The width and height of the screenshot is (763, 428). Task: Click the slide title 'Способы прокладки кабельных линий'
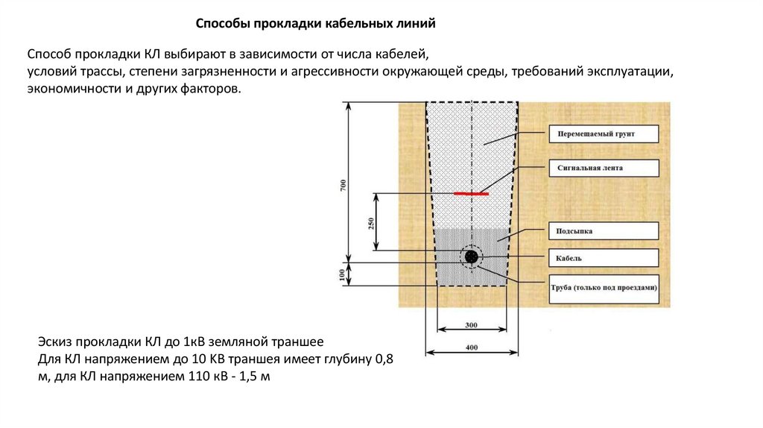pyautogui.click(x=315, y=24)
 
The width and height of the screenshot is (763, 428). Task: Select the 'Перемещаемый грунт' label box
pyautogui.click(x=604, y=134)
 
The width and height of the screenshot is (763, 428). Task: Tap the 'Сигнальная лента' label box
pyautogui.click(x=604, y=169)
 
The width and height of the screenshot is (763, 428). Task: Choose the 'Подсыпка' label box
pyautogui.click(x=604, y=232)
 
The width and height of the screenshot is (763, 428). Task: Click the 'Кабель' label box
pyautogui.click(x=604, y=258)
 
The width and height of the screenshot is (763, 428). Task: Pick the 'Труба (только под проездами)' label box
pyautogui.click(x=604, y=288)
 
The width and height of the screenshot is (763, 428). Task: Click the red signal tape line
pyautogui.click(x=472, y=193)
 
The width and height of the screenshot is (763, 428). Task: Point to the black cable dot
pyautogui.click(x=471, y=257)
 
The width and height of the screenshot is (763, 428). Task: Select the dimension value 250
pyautogui.click(x=370, y=222)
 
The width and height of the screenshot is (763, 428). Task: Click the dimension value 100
pyautogui.click(x=343, y=274)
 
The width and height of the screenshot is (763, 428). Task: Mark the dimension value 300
pyautogui.click(x=471, y=326)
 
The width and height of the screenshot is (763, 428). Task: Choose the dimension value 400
pyautogui.click(x=471, y=347)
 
